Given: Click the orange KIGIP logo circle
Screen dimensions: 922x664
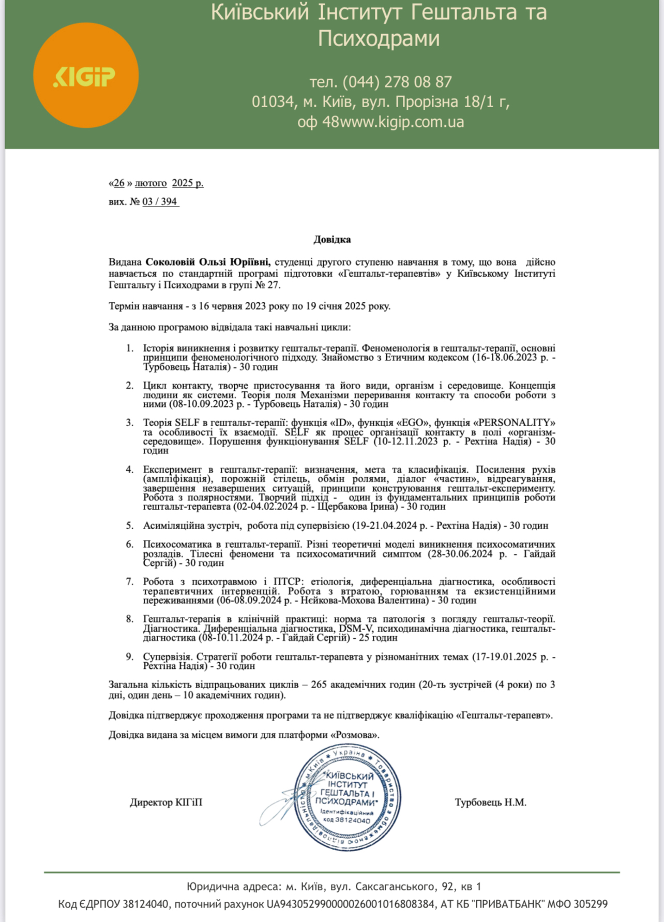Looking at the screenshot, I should tap(86, 76).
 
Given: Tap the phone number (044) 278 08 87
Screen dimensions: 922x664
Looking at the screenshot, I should tap(397, 82).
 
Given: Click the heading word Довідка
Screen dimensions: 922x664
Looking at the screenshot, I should tap(332, 239).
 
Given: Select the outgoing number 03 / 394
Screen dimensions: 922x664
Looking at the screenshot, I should tap(160, 201).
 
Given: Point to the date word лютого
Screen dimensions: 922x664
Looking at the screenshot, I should tap(150, 183).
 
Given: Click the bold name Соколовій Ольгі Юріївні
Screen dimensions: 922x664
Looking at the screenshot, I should tap(208, 262).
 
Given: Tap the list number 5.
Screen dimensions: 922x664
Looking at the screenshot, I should tap(130, 525).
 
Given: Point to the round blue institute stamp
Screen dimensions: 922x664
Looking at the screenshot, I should tap(347, 798).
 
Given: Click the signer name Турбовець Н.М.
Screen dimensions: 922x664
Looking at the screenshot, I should tap(490, 802).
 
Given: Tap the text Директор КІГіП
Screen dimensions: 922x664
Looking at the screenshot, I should tap(166, 802).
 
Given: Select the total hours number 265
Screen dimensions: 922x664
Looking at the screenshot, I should tap(319, 684).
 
